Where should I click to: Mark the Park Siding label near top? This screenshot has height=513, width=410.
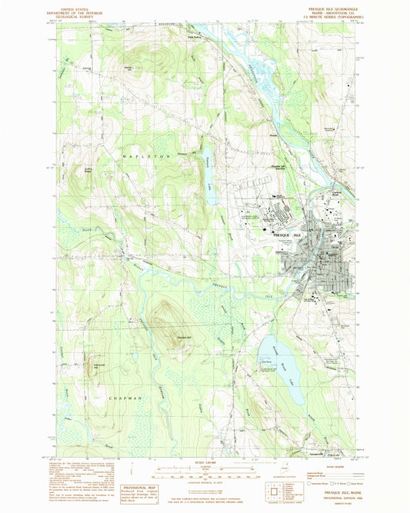coord(207,33)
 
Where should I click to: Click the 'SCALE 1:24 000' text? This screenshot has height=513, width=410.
coord(205,461)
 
